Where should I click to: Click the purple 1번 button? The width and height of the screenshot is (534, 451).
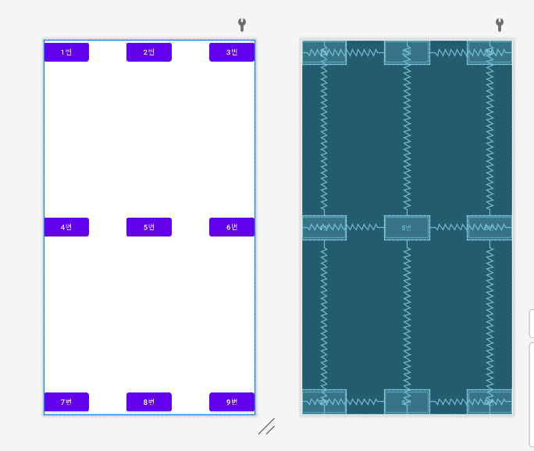(x=66, y=52)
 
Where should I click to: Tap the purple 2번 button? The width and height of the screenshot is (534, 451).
(x=149, y=52)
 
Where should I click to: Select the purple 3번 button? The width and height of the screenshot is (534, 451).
(x=231, y=52)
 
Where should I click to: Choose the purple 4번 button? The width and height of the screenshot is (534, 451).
(x=66, y=227)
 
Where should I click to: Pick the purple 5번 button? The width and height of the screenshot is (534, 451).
(x=149, y=227)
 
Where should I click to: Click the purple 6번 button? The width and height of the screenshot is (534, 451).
(x=231, y=227)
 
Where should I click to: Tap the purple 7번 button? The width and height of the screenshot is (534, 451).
(x=66, y=402)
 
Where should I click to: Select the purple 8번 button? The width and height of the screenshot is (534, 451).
(x=149, y=402)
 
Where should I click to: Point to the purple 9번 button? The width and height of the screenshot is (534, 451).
(x=231, y=402)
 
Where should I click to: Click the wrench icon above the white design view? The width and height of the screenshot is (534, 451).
(x=242, y=25)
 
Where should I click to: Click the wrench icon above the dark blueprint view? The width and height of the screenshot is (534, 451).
(x=500, y=25)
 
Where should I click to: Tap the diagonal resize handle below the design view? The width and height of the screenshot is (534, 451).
(x=266, y=427)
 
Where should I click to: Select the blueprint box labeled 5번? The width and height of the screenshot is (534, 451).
(x=407, y=227)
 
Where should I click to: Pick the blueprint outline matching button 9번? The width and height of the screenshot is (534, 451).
(x=489, y=402)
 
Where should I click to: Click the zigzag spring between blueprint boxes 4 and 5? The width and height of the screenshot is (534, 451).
(x=365, y=227)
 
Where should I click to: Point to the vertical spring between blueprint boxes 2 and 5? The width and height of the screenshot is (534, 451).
(x=407, y=140)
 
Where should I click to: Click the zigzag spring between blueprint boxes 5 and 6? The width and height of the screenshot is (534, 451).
(x=448, y=227)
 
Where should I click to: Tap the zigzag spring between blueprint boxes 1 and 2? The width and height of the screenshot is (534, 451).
(x=365, y=52)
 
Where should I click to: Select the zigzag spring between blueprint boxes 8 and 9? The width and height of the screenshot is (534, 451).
(x=448, y=402)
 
